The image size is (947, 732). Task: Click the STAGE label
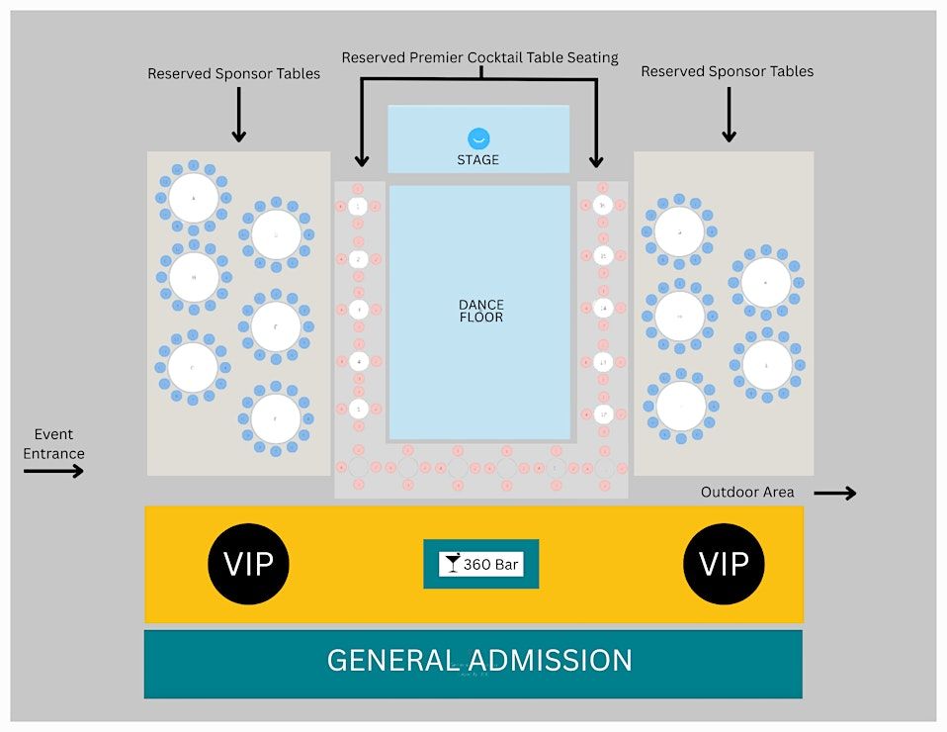point(477,160)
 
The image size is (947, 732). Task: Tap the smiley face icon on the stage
point(478,138)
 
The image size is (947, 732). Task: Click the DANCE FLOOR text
point(480,311)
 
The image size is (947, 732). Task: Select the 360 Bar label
point(491,565)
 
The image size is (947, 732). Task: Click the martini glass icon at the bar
point(452,564)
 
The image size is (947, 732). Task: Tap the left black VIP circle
point(248,564)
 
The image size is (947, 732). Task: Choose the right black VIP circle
point(724,564)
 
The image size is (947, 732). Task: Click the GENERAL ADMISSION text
point(479,661)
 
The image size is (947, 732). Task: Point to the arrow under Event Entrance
point(53,472)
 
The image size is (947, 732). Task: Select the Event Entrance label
point(53,444)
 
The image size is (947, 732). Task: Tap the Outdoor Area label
point(747,493)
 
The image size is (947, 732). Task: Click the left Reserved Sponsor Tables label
point(233,73)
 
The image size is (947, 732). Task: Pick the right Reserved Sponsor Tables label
point(728,71)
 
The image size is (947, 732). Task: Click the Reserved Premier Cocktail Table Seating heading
point(479,57)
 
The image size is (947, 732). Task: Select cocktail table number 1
point(358,206)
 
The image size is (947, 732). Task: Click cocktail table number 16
point(603,206)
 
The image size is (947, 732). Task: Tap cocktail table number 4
point(358,361)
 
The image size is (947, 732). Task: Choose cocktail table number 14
point(603,309)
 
